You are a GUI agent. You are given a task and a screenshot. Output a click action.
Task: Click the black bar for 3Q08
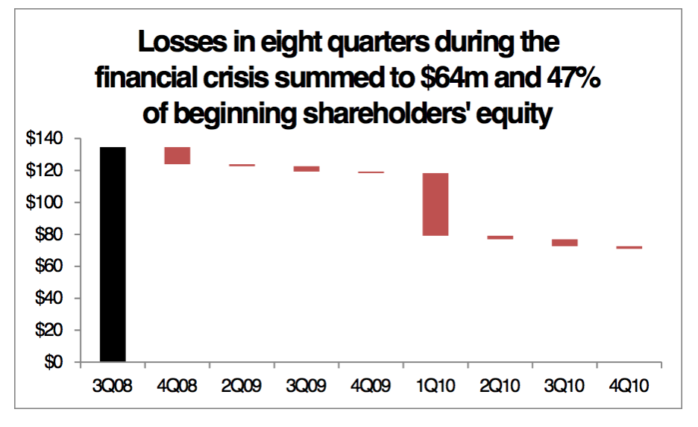pos(113,254)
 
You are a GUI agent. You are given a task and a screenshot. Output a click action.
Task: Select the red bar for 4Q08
pos(177,155)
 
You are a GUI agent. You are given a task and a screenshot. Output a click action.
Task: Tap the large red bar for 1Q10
pos(436,204)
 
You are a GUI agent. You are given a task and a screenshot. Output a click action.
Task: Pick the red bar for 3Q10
pos(565,243)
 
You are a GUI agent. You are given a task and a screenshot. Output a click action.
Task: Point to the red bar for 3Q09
pos(306,169)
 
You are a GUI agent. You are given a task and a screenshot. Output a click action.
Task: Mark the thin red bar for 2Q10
pos(500,237)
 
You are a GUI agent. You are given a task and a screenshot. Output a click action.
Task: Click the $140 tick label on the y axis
pos(44,138)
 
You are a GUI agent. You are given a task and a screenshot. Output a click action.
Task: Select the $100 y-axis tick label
pos(44,202)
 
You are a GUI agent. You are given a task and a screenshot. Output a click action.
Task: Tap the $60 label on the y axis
pos(49,266)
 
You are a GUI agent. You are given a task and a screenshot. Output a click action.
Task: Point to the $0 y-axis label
pos(54,362)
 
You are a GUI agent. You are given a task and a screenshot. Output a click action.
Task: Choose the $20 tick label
pos(49,330)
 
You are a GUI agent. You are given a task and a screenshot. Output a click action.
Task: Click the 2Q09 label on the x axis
pos(242,385)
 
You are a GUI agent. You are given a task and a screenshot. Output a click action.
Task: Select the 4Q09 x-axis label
pos(371,385)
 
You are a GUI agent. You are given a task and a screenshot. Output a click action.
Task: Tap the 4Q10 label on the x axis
pos(629,385)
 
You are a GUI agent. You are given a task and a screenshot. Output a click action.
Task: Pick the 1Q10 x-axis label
pos(436,385)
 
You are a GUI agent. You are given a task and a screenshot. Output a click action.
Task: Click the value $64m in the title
pos(454,78)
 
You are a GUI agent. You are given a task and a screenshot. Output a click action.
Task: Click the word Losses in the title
pos(183,42)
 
